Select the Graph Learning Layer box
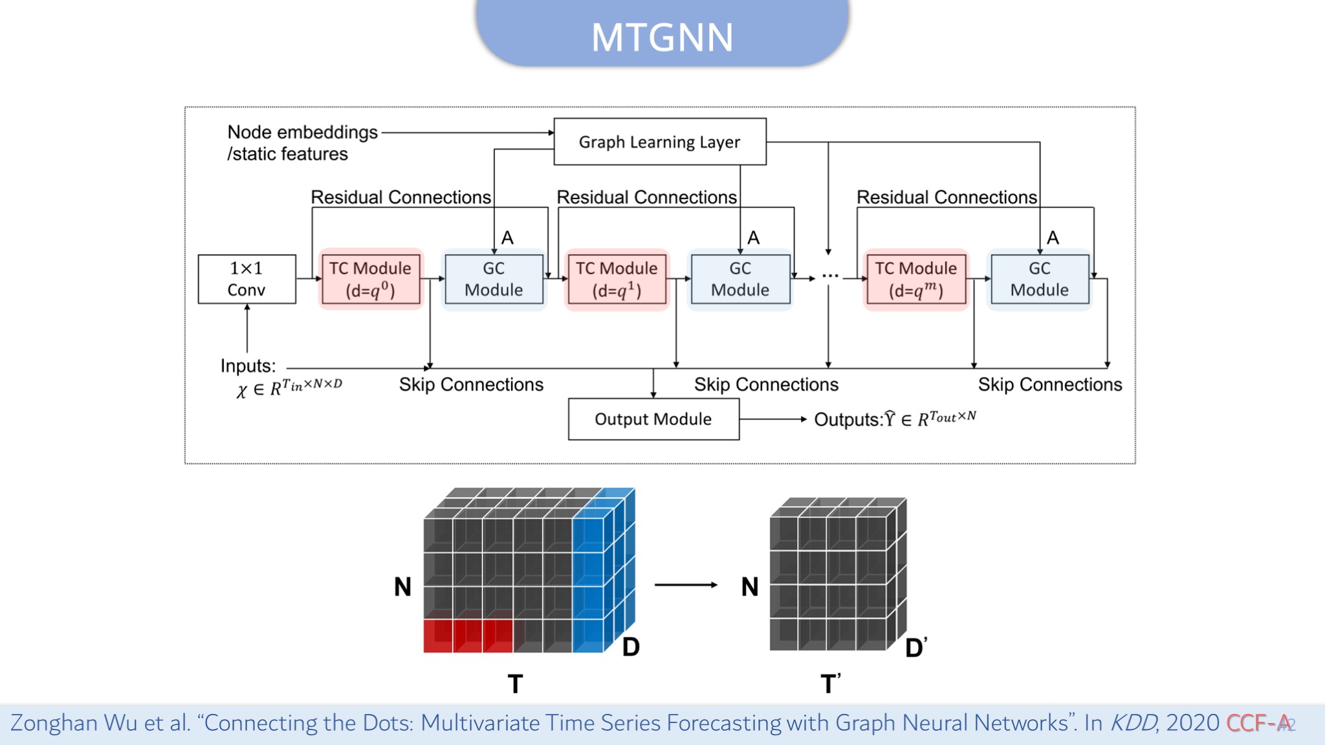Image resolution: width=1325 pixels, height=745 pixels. [660, 142]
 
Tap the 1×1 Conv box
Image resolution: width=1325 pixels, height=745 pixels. [246, 279]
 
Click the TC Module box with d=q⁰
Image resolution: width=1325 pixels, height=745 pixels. [371, 279]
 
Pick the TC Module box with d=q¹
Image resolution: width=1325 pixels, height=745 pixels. [617, 279]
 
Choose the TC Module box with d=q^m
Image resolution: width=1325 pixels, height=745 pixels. [916, 279]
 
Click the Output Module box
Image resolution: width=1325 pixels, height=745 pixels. [653, 419]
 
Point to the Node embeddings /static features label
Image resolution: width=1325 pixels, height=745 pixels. [302, 143]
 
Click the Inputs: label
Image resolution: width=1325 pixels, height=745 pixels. [248, 366]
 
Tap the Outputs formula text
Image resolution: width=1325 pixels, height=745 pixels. [895, 418]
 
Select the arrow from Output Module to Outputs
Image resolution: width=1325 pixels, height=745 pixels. [773, 419]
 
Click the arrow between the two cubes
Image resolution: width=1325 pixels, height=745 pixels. [686, 585]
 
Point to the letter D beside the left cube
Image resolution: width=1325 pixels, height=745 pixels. [631, 647]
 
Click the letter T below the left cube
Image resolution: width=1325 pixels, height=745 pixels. [515, 684]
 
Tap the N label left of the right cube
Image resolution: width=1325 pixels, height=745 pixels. [750, 587]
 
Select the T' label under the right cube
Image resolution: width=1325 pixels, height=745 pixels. [831, 683]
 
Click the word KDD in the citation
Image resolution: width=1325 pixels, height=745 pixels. [1133, 722]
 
